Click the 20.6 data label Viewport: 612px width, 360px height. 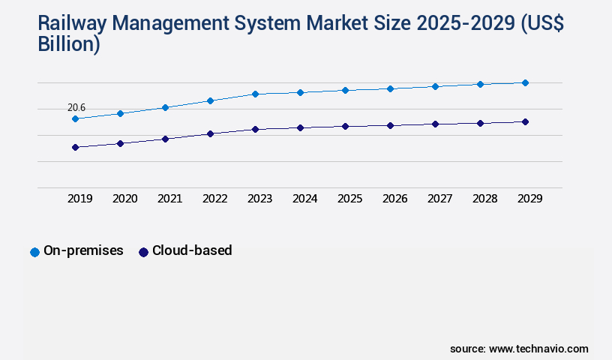(76, 108)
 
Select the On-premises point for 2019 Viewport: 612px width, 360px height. (75, 118)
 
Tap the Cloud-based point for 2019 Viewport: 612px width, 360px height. (75, 147)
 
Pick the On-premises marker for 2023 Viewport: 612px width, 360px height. (255, 94)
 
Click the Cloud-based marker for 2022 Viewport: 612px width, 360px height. (210, 133)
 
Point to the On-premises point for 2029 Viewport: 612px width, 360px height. (525, 82)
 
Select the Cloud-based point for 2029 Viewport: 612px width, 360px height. (525, 121)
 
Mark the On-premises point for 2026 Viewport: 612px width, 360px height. (390, 88)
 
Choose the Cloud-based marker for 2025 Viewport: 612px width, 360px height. (345, 126)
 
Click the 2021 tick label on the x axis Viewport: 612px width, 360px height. (170, 199)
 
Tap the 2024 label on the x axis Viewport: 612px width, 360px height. (305, 199)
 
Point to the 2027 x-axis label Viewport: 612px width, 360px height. (440, 199)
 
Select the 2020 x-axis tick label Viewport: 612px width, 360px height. (125, 199)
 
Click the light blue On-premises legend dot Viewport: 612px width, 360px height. (34, 252)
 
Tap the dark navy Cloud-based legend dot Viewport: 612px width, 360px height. (143, 252)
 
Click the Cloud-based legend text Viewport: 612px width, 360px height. (192, 250)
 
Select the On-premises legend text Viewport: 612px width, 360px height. (83, 250)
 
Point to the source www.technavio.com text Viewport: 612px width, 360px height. (519, 349)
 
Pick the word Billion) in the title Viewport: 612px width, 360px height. (68, 44)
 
